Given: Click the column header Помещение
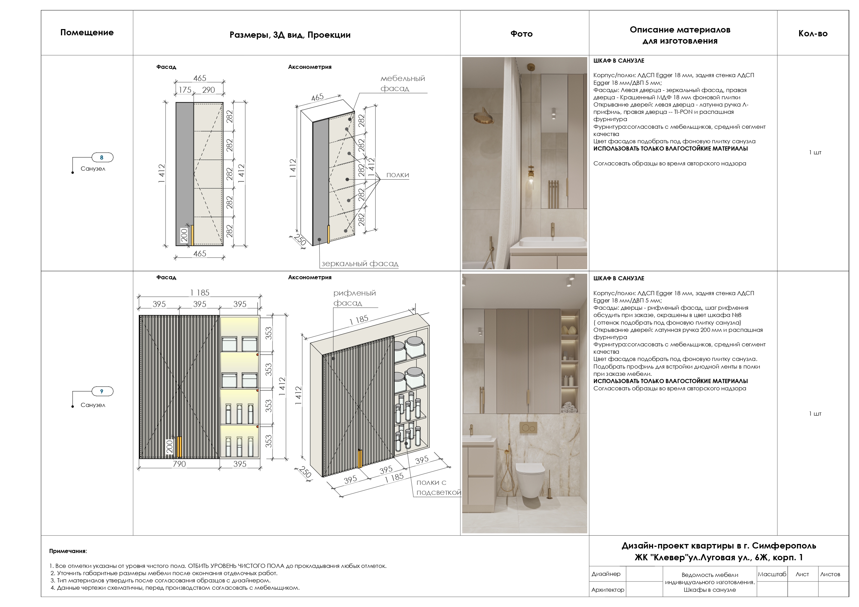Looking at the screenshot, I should (x=87, y=33).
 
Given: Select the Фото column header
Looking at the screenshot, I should (x=521, y=34).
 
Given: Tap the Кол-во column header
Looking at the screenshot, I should (x=813, y=34).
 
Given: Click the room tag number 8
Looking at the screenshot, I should (x=102, y=157).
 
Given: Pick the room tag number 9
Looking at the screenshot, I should (x=102, y=391).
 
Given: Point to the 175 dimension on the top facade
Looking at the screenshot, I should (x=185, y=90).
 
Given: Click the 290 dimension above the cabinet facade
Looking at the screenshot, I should (x=208, y=90).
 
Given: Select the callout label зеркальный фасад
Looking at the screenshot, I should (x=359, y=264).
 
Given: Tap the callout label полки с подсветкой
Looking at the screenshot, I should (x=438, y=487).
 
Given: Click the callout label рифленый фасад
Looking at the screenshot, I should (x=354, y=298).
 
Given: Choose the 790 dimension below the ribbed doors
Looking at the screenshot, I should (x=179, y=464).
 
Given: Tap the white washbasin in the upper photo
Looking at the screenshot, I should (x=553, y=241).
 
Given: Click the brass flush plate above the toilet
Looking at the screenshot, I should (x=528, y=427).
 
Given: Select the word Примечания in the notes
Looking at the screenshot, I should (x=68, y=551).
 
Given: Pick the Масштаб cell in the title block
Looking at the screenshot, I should (x=771, y=574).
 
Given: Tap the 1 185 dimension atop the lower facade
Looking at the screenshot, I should (x=200, y=292).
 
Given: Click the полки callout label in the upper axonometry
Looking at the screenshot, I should (x=397, y=175).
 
